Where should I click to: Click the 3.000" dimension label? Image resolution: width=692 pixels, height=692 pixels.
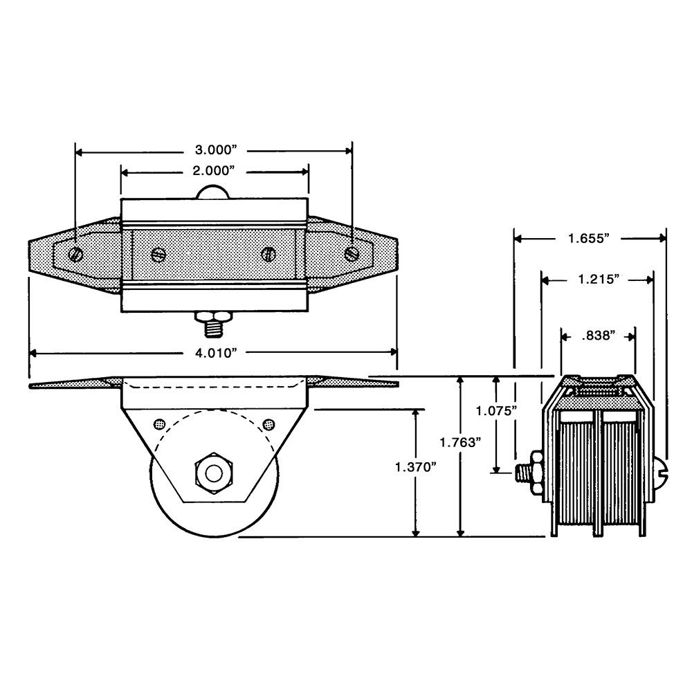click(214, 150)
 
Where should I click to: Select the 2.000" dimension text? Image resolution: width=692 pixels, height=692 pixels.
click(213, 170)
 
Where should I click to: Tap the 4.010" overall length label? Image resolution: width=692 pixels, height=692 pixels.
click(214, 353)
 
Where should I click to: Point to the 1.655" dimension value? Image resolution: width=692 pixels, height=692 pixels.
click(588, 238)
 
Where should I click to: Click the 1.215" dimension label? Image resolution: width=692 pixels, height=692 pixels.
click(599, 279)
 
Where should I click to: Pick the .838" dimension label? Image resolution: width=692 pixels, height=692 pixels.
click(599, 336)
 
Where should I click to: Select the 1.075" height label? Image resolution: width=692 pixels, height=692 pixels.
click(496, 411)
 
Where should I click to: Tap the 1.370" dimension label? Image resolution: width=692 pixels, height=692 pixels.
click(416, 466)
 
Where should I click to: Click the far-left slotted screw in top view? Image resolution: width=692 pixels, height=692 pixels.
click(76, 254)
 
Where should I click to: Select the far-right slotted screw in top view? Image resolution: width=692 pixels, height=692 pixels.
click(352, 253)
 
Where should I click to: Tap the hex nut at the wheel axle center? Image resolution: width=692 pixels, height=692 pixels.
click(214, 473)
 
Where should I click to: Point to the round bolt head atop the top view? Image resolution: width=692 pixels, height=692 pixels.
click(212, 192)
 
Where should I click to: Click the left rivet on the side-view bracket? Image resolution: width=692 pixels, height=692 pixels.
click(159, 425)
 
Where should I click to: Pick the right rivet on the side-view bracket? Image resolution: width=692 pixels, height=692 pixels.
click(268, 425)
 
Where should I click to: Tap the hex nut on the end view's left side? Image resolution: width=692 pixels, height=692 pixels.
click(537, 473)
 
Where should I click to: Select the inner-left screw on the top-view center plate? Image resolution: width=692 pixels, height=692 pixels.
click(158, 254)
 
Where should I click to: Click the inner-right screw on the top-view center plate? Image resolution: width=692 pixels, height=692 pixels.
click(268, 254)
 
